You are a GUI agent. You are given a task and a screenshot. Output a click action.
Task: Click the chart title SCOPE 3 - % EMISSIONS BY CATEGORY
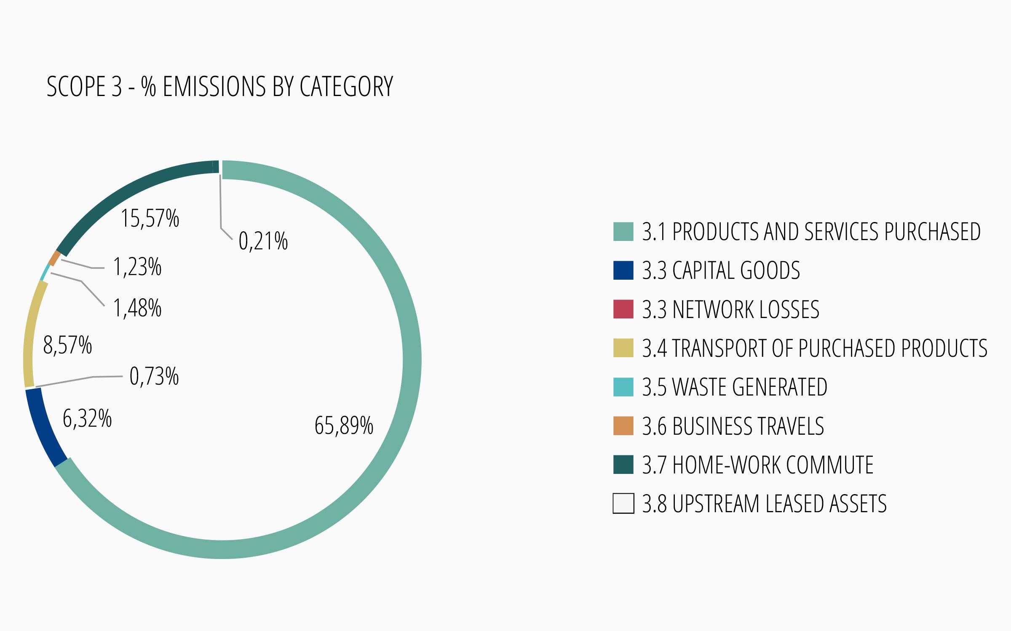click(x=219, y=87)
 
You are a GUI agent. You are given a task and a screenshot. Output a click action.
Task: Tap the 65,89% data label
click(x=344, y=425)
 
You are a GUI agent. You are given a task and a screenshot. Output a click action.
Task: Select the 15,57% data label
click(x=150, y=219)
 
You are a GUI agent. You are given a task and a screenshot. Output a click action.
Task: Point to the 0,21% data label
click(x=263, y=241)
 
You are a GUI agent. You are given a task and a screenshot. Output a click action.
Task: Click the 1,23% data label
click(x=137, y=267)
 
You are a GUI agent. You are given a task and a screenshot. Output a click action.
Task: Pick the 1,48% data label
click(x=137, y=308)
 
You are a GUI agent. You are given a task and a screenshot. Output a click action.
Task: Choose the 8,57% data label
click(x=67, y=346)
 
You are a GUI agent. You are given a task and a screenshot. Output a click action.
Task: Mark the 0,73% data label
click(x=154, y=377)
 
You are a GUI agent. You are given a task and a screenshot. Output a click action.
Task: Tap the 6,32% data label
click(x=87, y=419)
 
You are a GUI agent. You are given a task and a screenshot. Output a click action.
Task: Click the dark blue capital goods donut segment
click(x=44, y=428)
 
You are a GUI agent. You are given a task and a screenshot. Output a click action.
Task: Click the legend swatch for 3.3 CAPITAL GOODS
click(x=623, y=270)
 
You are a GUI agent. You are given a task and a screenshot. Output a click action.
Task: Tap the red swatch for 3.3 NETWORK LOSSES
click(x=623, y=309)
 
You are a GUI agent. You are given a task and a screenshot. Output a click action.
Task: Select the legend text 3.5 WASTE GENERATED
click(x=734, y=387)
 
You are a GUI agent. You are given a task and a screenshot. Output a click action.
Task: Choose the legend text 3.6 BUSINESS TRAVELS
click(x=733, y=426)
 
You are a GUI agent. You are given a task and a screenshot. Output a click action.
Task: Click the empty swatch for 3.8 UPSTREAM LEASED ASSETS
click(x=623, y=503)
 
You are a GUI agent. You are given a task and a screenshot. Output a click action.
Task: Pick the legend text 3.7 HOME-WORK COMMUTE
click(x=757, y=465)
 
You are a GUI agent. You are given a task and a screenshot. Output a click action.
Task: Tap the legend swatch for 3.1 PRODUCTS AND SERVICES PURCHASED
click(x=623, y=231)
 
